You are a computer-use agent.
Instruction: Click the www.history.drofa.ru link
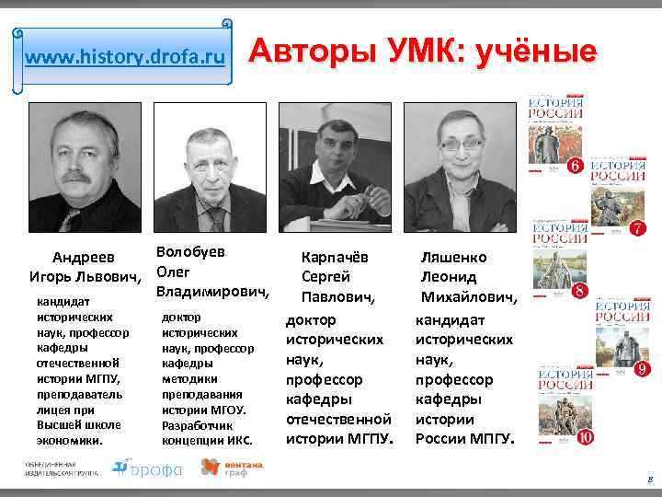(124, 58)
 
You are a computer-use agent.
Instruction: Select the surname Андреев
(82, 258)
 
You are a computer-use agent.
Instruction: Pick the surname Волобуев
(190, 251)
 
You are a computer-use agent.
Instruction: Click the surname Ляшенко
(453, 258)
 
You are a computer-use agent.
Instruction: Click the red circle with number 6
(575, 167)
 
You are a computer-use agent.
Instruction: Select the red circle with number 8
(580, 292)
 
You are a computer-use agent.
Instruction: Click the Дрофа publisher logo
(147, 468)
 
